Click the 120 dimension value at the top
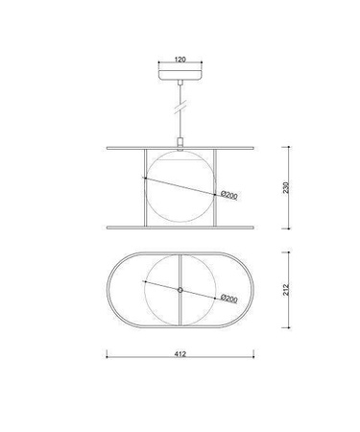pos(180,60)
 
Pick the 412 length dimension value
pos(180,353)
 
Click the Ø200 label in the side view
pos(229,195)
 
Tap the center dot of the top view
pos(180,289)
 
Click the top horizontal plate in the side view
pos(180,148)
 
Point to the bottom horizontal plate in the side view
pos(180,228)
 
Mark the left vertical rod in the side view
pos(144,187)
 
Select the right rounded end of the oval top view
pos(254,289)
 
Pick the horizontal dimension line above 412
pos(180,358)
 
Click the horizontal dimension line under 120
pos(180,64)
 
